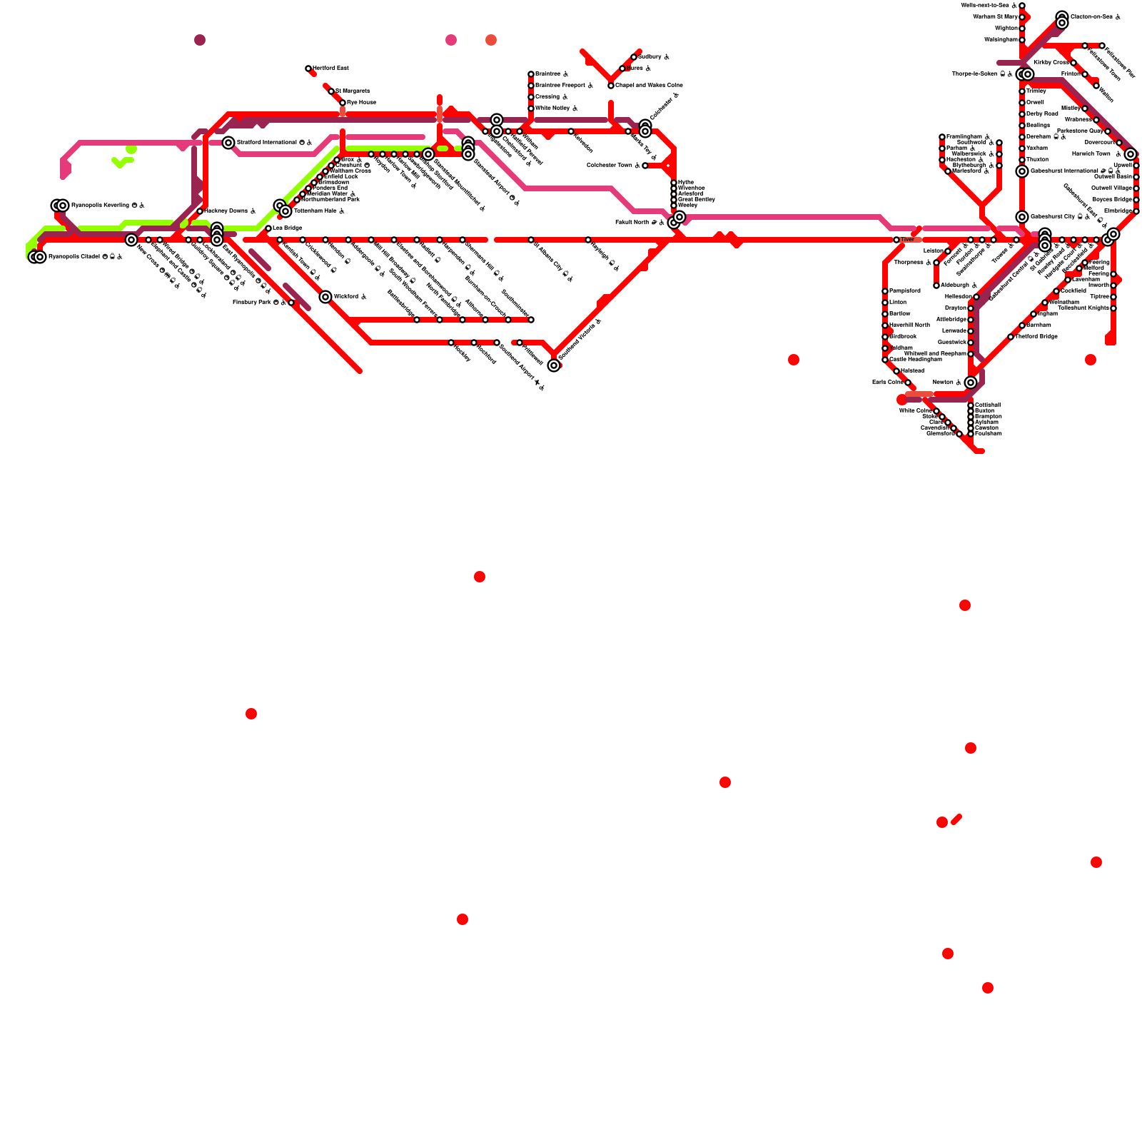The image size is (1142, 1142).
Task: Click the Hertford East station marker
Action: (308, 69)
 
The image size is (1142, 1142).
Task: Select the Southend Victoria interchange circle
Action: (554, 365)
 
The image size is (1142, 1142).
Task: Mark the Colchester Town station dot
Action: (645, 166)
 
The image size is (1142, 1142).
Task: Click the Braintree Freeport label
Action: (564, 86)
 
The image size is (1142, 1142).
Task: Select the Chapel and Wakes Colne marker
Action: (611, 86)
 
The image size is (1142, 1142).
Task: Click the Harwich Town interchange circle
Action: (1131, 154)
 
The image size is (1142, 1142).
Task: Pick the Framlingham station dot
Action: (942, 137)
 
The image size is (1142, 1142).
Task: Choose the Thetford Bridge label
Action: (1036, 337)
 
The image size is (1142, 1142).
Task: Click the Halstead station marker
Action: (896, 371)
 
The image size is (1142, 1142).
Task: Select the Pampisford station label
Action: (905, 291)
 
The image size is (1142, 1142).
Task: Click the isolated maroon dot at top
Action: (200, 40)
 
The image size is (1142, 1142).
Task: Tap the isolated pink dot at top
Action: (451, 40)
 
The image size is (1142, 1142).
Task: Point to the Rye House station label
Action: (361, 103)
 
